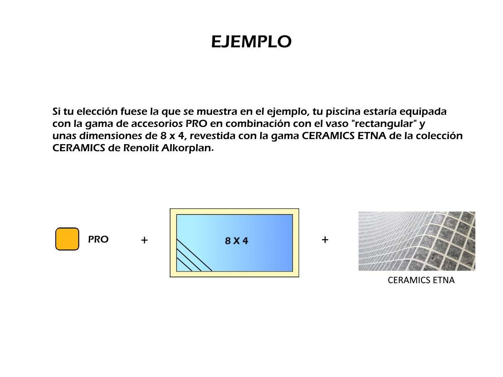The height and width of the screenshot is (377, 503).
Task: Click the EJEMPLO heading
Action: (251, 42)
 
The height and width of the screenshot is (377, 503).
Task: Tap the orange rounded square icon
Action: (67, 239)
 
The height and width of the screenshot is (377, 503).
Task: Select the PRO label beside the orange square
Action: (98, 239)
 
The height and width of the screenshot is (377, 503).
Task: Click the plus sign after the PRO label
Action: (144, 240)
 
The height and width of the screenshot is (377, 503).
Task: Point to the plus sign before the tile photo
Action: (325, 240)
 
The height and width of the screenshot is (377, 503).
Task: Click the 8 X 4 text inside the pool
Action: (236, 240)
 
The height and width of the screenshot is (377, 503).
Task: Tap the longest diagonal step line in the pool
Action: (194, 255)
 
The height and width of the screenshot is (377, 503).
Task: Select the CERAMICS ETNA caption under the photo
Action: (421, 280)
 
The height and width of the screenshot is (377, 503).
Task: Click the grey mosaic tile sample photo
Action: (417, 241)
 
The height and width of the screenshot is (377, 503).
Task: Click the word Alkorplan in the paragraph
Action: (187, 148)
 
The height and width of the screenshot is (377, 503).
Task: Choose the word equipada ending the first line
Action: (423, 112)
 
